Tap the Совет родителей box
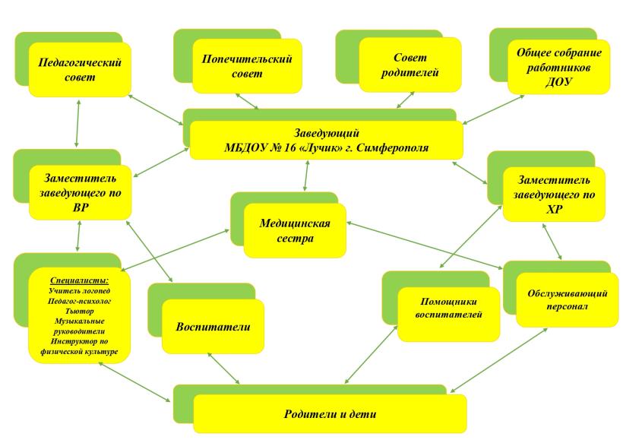tap(410, 66)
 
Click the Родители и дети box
tap(330, 415)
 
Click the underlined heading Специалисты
tap(79, 280)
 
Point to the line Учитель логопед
tap(79, 290)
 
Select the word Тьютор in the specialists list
tap(79, 312)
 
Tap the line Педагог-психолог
tap(79, 301)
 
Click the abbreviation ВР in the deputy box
tap(78, 206)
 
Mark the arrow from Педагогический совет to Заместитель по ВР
tap(77, 123)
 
